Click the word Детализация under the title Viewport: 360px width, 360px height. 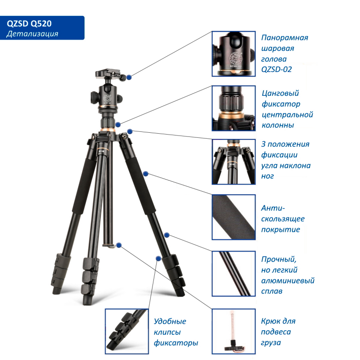click(32, 34)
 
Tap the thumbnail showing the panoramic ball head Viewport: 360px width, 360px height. click(234, 54)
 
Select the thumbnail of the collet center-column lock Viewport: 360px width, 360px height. click(234, 108)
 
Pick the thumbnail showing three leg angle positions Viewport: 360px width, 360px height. click(234, 162)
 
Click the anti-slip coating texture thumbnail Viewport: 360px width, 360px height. click(234, 217)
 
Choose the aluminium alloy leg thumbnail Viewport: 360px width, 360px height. click(234, 273)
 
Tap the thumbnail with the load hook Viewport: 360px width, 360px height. click(234, 330)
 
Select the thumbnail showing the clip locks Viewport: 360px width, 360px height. click(126, 330)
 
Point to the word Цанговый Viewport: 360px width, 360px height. click(280, 94)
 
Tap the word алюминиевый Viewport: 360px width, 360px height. click(288, 281)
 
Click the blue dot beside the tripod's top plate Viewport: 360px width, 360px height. click(129, 77)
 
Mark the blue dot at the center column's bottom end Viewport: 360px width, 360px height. click(119, 245)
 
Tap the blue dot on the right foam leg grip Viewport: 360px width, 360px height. click(145, 173)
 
